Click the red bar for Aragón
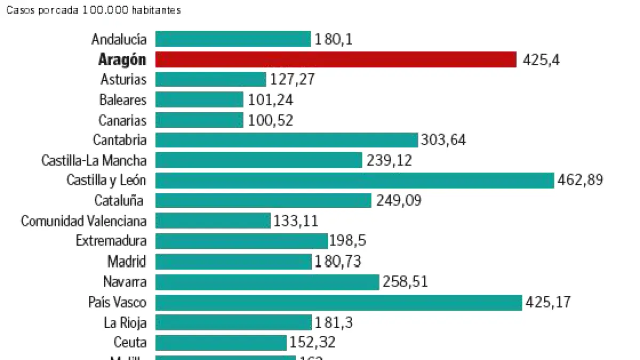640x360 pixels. pos(336,59)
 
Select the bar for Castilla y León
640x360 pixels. pos(355,180)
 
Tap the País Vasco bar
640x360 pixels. pos(339,302)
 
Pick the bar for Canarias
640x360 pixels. pos(199,120)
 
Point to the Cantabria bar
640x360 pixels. pos(286,140)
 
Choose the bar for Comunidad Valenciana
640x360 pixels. pos(213,221)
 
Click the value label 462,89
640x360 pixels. pos(580,180)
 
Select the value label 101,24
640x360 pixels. pos(270,100)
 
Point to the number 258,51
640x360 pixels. pos(405,282)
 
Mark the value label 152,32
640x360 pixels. pos(312,342)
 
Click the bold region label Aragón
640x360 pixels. pos(122,60)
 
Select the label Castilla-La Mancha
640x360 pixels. pos(94,160)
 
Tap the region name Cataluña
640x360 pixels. pos(119,201)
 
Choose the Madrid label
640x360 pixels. pos(126,261)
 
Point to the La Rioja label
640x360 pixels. pos(125,322)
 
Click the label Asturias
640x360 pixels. pos(123,79)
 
